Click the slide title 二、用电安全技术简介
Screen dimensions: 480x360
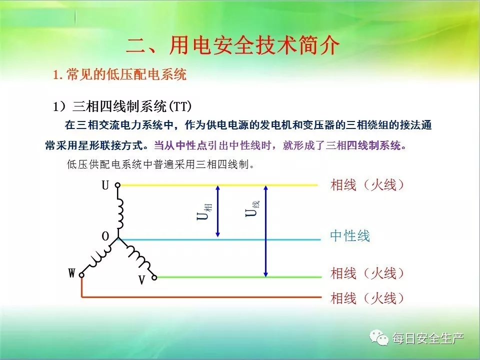point(232,46)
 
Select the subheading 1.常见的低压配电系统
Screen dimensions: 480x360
point(119,74)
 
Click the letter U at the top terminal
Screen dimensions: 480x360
point(105,185)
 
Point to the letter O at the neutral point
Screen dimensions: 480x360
point(105,236)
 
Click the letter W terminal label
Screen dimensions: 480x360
point(71,273)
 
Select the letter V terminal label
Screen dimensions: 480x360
point(141,280)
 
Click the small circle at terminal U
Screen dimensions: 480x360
point(117,185)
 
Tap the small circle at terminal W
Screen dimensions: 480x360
point(81,275)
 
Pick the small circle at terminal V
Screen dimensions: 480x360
point(154,277)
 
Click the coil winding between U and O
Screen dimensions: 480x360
point(120,213)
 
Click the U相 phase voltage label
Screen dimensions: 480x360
point(204,211)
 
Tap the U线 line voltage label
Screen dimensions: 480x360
point(252,208)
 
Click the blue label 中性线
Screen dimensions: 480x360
point(350,236)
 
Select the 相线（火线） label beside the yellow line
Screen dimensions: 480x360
point(367,185)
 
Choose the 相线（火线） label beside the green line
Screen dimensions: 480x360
point(367,273)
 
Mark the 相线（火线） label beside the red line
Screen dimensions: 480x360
point(367,298)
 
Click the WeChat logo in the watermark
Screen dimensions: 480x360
point(378,337)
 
